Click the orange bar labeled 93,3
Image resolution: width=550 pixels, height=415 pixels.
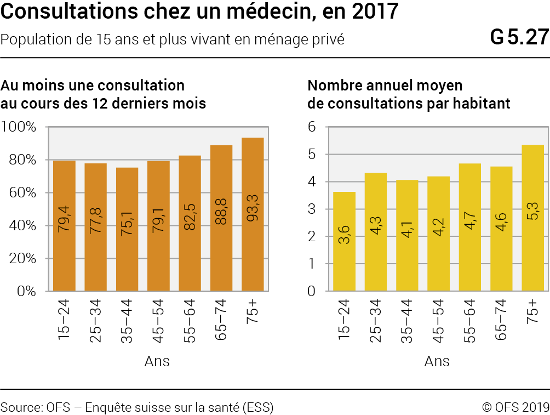[253, 214]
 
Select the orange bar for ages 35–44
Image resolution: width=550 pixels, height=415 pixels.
[127, 229]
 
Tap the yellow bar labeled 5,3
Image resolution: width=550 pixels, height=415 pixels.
[532, 218]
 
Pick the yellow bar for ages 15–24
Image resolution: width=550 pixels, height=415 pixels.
[344, 241]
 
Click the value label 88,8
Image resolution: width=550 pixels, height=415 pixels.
[221, 212]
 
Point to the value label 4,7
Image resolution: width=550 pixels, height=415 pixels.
[469, 221]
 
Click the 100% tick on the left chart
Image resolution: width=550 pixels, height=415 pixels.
[19, 127]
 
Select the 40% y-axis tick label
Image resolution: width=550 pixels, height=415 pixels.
[22, 225]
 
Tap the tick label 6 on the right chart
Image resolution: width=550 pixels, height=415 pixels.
[312, 127]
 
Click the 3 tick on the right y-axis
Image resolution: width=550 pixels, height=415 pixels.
[312, 209]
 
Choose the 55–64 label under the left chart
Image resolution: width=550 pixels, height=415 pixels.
[190, 321]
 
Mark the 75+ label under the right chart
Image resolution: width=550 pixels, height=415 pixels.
[532, 311]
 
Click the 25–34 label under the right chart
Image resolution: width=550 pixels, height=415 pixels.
[375, 321]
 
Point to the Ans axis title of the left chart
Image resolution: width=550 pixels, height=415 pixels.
[157, 361]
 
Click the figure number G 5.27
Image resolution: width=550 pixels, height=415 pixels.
[519, 37]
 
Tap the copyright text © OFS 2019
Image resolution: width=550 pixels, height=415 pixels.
[515, 407]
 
